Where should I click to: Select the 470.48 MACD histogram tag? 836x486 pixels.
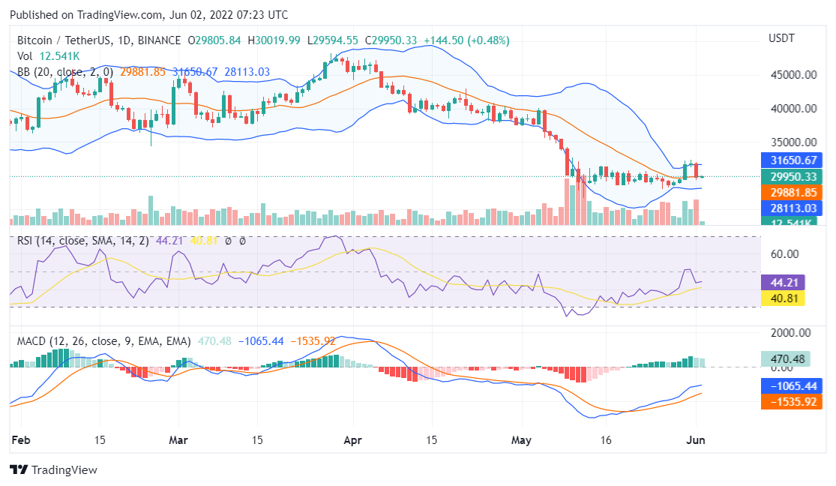tap(785, 359)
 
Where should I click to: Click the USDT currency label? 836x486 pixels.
tap(782, 38)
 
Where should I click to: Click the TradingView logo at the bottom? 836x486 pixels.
tap(53, 470)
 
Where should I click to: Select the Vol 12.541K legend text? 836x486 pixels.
tap(48, 56)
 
